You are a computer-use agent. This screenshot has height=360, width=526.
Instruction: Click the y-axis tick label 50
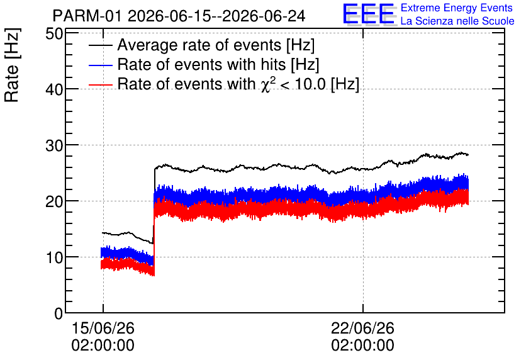(x=54, y=34)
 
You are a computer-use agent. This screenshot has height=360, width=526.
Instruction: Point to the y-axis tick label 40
(x=54, y=89)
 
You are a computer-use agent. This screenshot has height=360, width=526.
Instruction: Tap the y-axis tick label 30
(x=54, y=145)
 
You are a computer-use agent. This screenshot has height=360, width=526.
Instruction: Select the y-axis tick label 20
(x=54, y=201)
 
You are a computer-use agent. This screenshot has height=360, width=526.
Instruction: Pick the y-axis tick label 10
(x=54, y=257)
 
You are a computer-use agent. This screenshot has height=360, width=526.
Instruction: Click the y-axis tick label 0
(x=59, y=313)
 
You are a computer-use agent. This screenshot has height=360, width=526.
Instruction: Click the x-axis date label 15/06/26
(x=103, y=328)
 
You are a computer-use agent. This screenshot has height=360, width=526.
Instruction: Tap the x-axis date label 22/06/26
(x=362, y=328)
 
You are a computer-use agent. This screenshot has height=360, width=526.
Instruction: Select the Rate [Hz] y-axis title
(x=12, y=65)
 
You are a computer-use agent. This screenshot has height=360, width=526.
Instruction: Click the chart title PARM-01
(x=87, y=16)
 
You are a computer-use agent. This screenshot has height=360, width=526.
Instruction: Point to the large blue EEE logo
(x=368, y=14)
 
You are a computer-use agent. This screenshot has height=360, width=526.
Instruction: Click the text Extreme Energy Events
(x=457, y=8)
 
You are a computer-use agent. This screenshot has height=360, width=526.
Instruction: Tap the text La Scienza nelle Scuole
(x=457, y=21)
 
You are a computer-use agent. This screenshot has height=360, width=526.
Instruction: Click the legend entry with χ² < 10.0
(x=238, y=84)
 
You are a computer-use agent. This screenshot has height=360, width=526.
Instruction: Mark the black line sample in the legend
(x=100, y=45)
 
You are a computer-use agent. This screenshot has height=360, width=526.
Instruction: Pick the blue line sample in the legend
(x=100, y=65)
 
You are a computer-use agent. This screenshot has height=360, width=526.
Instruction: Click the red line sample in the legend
(x=100, y=84)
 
